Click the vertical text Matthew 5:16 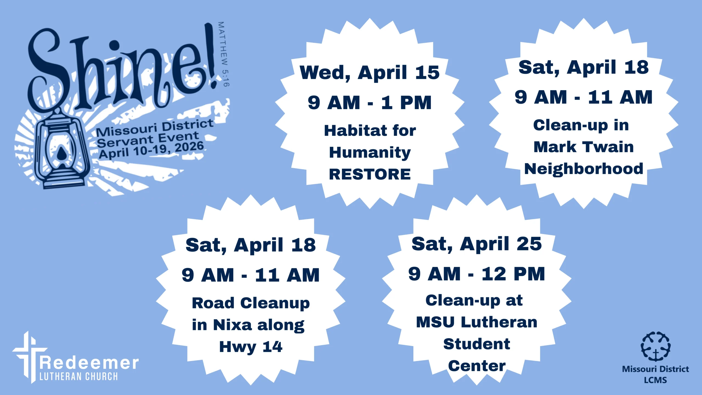pos(223,54)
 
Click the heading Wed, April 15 pos(370,73)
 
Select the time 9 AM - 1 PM pos(370,103)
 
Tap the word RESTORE pos(370,174)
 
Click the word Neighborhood pos(584,169)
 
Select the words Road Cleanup pos(251,303)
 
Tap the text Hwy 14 pos(251,347)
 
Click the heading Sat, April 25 pos(477,244)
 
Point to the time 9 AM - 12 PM pos(477,274)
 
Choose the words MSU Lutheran pos(477,322)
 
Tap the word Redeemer pos(89,363)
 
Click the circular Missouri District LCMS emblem pos(655,346)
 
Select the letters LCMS pos(655,380)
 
